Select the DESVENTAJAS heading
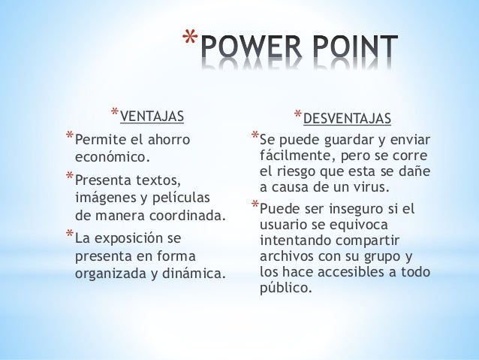pyautogui.click(x=347, y=118)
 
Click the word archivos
pyautogui.click(x=288, y=256)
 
